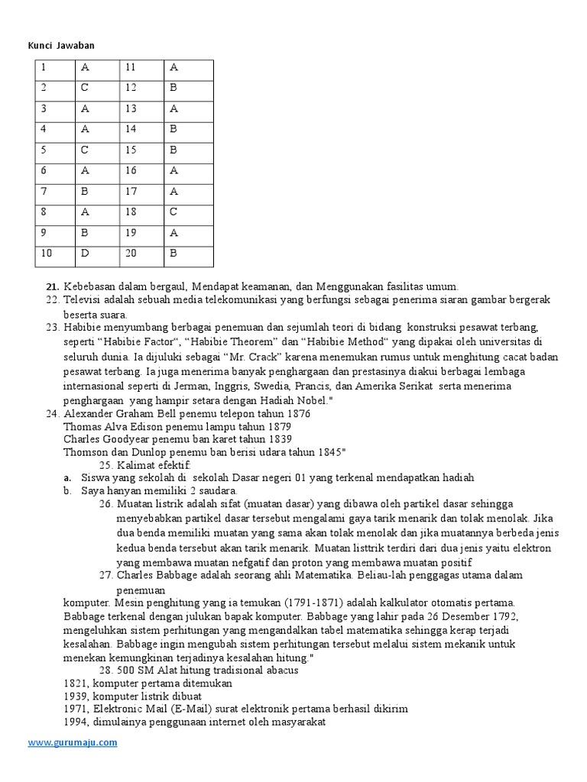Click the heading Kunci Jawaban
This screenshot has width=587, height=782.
tap(62, 46)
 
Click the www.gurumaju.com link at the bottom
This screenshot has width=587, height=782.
tap(73, 742)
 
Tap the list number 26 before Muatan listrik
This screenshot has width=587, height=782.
tap(106, 504)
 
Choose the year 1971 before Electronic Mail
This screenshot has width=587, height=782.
tap(76, 709)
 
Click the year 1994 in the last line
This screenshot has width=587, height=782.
tap(76, 722)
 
